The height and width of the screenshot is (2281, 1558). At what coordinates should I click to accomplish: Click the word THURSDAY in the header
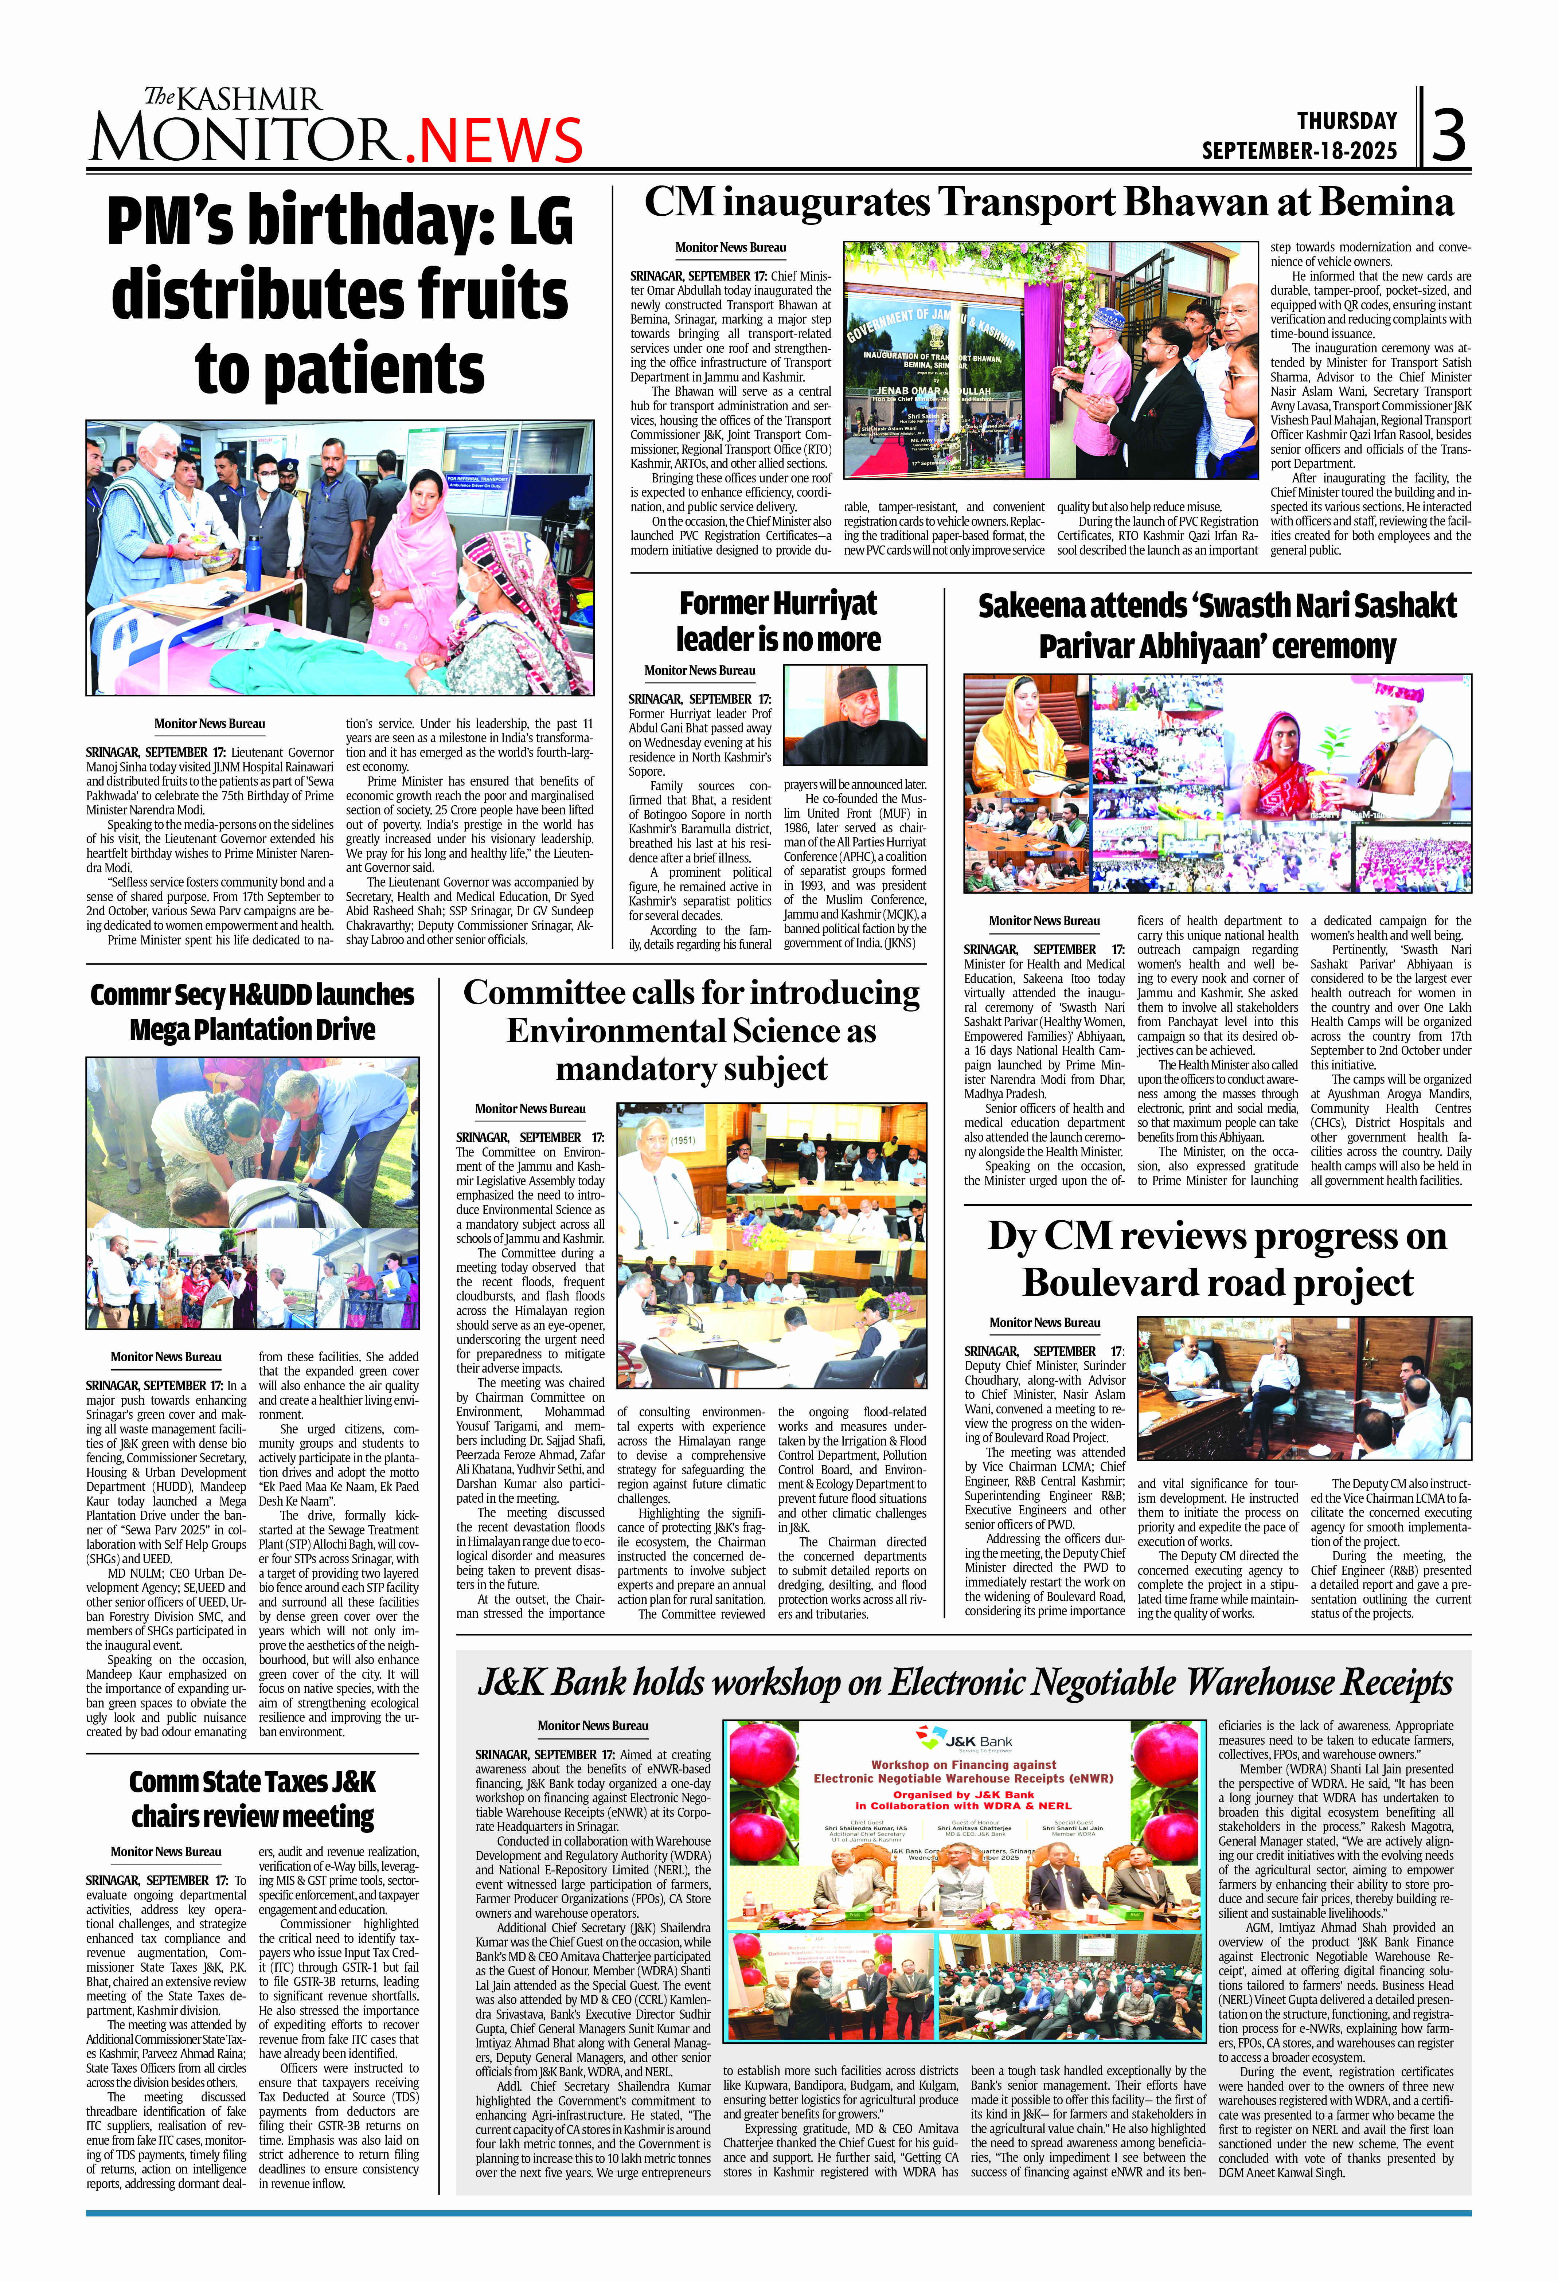tap(1347, 121)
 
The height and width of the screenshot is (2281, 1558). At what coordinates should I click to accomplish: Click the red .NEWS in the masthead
tap(494, 141)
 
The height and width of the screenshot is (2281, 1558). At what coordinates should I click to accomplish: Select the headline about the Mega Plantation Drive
tap(252, 1012)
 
